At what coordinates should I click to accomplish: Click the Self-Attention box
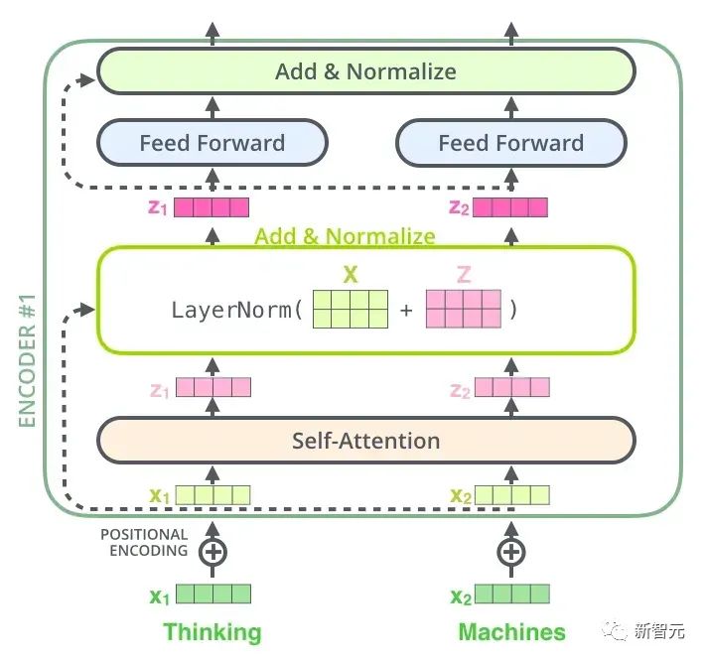click(366, 441)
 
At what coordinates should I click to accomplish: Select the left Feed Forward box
click(212, 142)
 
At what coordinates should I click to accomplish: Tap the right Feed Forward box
click(511, 142)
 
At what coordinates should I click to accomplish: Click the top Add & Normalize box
click(366, 71)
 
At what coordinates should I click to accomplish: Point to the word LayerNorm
click(231, 310)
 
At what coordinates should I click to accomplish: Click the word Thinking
click(212, 631)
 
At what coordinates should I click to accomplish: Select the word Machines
click(511, 631)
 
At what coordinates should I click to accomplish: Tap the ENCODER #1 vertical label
click(27, 360)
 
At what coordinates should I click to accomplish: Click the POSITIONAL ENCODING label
click(144, 543)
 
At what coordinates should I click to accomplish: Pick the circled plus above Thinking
click(212, 552)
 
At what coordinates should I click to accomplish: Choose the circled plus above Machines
click(511, 552)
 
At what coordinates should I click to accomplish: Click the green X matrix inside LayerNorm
click(351, 309)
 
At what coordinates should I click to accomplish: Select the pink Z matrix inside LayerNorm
click(464, 309)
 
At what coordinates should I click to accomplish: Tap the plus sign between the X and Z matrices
click(406, 310)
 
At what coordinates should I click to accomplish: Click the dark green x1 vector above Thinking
click(213, 594)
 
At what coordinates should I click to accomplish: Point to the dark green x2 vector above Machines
click(512, 594)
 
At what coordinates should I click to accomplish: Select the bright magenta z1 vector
click(212, 207)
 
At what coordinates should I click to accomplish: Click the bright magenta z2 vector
click(510, 207)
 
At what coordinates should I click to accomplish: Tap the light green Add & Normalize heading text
click(345, 236)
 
